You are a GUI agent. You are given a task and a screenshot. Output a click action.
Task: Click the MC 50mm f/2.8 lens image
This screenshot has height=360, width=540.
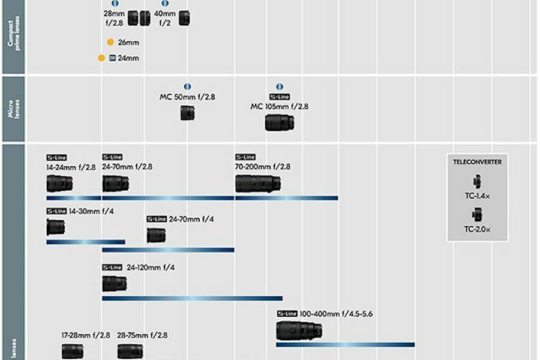coord(187,113)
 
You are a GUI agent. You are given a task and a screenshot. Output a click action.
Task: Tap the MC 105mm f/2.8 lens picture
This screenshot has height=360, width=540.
coord(280,122)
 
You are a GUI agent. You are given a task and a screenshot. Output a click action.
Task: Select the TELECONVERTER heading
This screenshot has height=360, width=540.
coord(478,161)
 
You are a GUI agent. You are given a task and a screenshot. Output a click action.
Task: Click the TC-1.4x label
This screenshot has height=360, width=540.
coord(478,195)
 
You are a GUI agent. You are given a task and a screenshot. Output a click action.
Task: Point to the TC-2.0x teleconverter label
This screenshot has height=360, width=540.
coord(478,229)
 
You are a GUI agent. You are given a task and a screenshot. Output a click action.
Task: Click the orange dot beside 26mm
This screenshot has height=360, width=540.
coord(110,42)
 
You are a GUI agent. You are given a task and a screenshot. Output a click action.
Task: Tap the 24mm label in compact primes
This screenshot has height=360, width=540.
coord(128,58)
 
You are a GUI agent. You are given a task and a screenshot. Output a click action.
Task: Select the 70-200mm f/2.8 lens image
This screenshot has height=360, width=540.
coord(258,184)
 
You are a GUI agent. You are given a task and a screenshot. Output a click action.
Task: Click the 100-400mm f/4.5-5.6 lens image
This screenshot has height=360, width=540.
coord(299,330)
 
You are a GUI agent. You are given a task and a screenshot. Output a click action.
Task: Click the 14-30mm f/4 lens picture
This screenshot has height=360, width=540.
coord(56,227)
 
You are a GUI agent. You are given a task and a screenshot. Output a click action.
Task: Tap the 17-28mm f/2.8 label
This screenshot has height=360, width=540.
coord(86,335)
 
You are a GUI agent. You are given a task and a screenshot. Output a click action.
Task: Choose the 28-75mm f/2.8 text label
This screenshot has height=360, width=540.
coord(142,335)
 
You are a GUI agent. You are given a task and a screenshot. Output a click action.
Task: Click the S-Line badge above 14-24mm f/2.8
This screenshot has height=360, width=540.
coord(56,157)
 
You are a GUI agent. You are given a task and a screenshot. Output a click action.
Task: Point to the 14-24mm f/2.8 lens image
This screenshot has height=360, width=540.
coord(59,184)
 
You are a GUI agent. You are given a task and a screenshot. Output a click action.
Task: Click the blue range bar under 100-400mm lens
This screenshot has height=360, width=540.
coord(345,344)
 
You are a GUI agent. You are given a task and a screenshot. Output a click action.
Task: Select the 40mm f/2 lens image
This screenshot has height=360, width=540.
coord(184,19)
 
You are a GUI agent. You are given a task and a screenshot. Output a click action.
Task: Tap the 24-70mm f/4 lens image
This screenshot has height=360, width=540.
coord(156,235)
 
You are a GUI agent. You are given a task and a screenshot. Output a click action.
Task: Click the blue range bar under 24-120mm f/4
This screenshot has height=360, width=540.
coord(192,298)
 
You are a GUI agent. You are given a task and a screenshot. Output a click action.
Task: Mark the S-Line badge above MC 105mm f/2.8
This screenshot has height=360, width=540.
coord(280,97)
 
